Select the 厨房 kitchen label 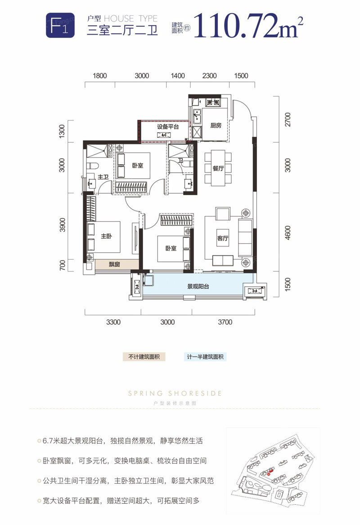click(x=216, y=126)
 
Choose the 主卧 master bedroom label click(x=106, y=235)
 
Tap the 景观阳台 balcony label click(x=198, y=287)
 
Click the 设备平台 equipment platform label click(x=167, y=127)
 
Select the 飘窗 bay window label click(x=114, y=265)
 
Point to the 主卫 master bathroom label click(x=103, y=177)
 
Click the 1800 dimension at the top click(x=99, y=76)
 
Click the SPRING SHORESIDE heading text click(x=175, y=393)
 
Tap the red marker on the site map click(x=268, y=473)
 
